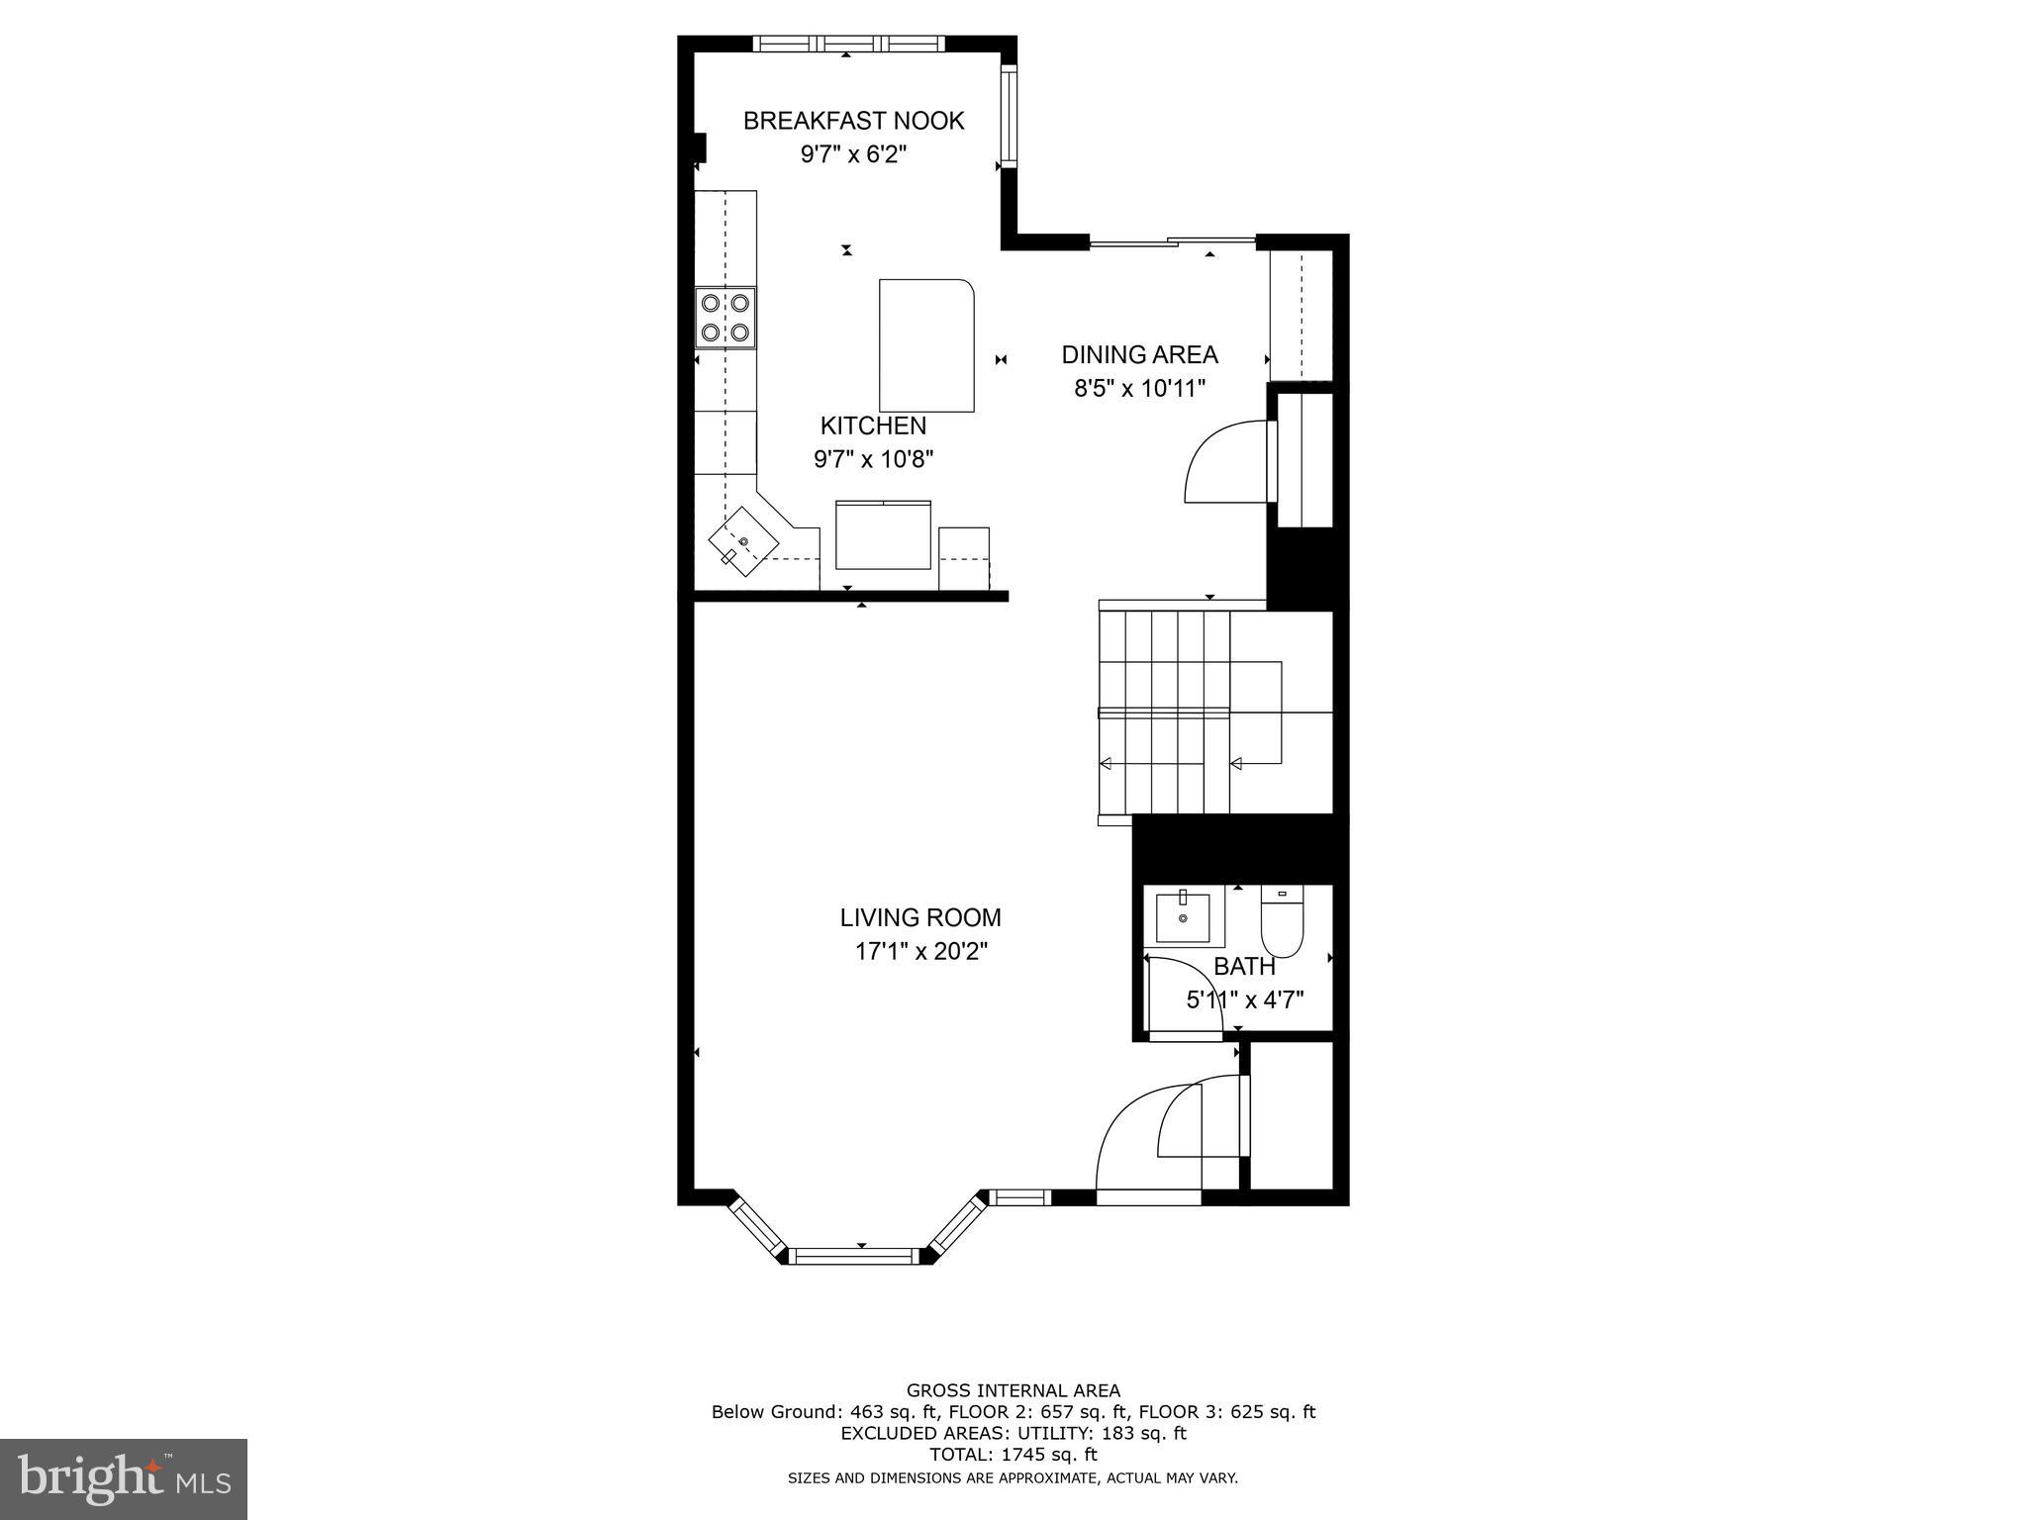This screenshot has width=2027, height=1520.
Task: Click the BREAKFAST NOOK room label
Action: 853,121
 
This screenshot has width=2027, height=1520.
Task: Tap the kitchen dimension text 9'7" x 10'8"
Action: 873,459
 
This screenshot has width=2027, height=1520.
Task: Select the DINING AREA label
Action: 1139,354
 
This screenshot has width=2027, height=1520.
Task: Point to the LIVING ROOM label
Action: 920,917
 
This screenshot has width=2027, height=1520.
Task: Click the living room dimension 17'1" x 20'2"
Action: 921,952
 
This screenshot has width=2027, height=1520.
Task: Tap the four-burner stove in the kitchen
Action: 724,317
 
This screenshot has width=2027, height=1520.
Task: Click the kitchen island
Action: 926,344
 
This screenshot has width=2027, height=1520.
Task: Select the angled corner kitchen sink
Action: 742,541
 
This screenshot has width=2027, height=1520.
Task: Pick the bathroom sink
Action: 1183,917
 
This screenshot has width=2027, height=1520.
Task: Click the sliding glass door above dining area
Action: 1173,239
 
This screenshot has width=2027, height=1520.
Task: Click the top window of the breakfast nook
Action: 849,44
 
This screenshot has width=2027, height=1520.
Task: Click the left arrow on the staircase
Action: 1106,763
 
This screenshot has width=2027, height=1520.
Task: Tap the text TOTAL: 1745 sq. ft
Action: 1013,1455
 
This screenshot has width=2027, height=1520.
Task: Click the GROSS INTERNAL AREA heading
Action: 1013,1390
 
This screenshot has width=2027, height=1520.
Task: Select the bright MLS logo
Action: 124,1478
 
